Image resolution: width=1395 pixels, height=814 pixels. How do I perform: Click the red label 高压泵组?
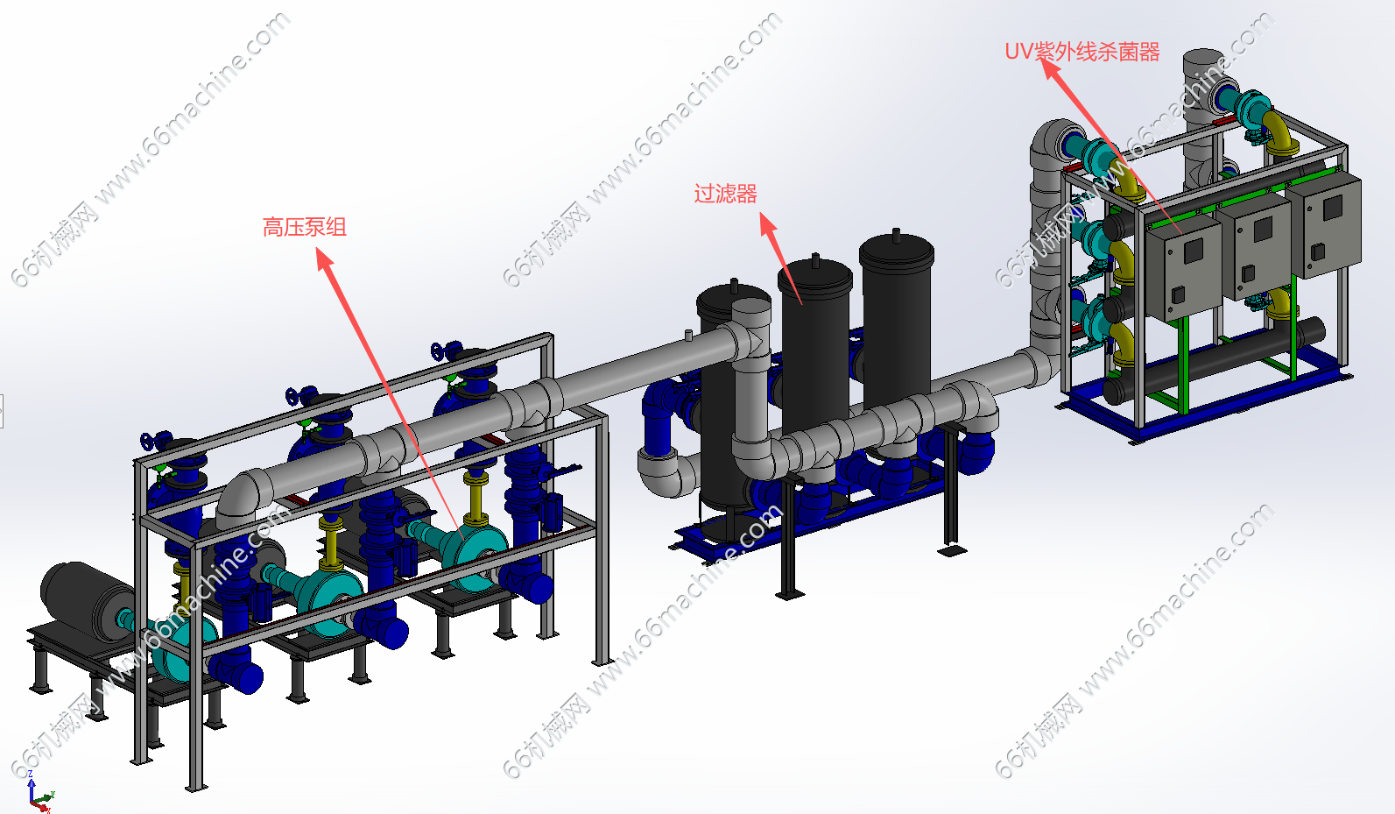(x=304, y=227)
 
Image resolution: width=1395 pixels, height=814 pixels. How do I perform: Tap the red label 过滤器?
(x=726, y=194)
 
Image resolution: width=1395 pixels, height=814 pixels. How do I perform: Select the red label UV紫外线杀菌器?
(x=1082, y=51)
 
